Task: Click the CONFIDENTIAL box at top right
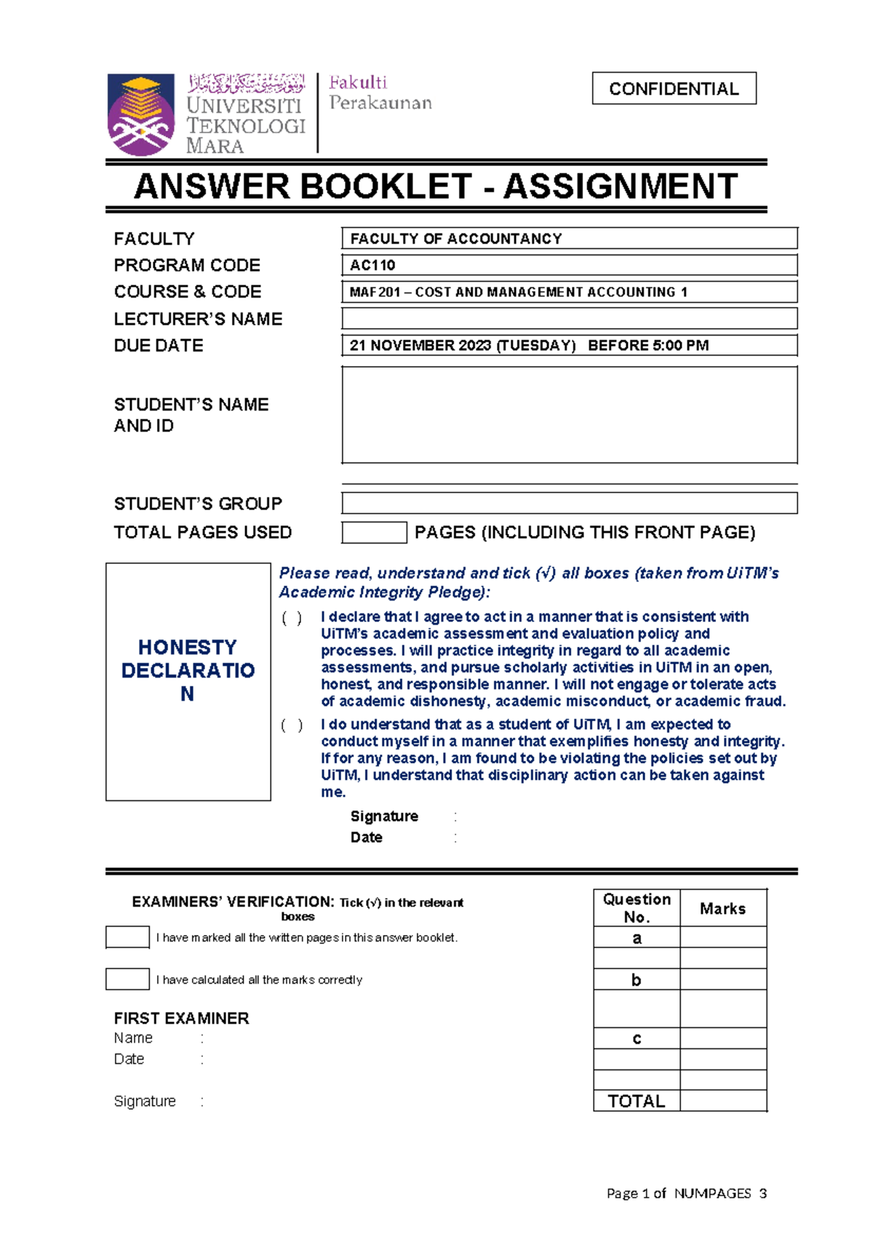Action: [x=674, y=88]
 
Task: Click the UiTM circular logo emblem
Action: [x=140, y=114]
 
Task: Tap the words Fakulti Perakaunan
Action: [x=380, y=92]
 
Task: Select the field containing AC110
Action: [x=569, y=265]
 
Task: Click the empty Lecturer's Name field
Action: [x=569, y=319]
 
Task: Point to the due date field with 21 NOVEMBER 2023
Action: [x=569, y=346]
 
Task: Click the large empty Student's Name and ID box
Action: [x=569, y=415]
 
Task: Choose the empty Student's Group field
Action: [x=569, y=503]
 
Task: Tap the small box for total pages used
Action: [x=374, y=533]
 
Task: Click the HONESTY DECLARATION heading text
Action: [x=188, y=670]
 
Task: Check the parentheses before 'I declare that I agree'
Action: [x=292, y=618]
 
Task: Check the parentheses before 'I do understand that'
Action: [x=292, y=725]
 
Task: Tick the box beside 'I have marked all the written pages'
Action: [x=127, y=937]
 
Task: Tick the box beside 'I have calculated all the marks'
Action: [x=127, y=979]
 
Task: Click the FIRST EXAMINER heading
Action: [x=181, y=1018]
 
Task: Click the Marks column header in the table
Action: [x=722, y=908]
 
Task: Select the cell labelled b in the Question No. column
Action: [x=637, y=980]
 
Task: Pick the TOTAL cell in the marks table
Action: [x=637, y=1101]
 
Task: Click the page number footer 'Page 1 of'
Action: [x=637, y=1193]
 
